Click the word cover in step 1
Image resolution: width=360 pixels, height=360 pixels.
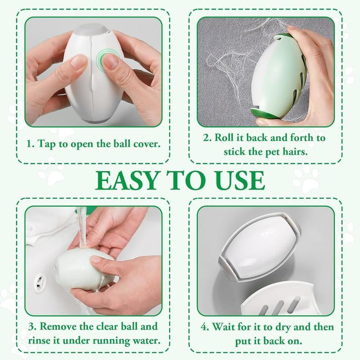coord(146,144)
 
